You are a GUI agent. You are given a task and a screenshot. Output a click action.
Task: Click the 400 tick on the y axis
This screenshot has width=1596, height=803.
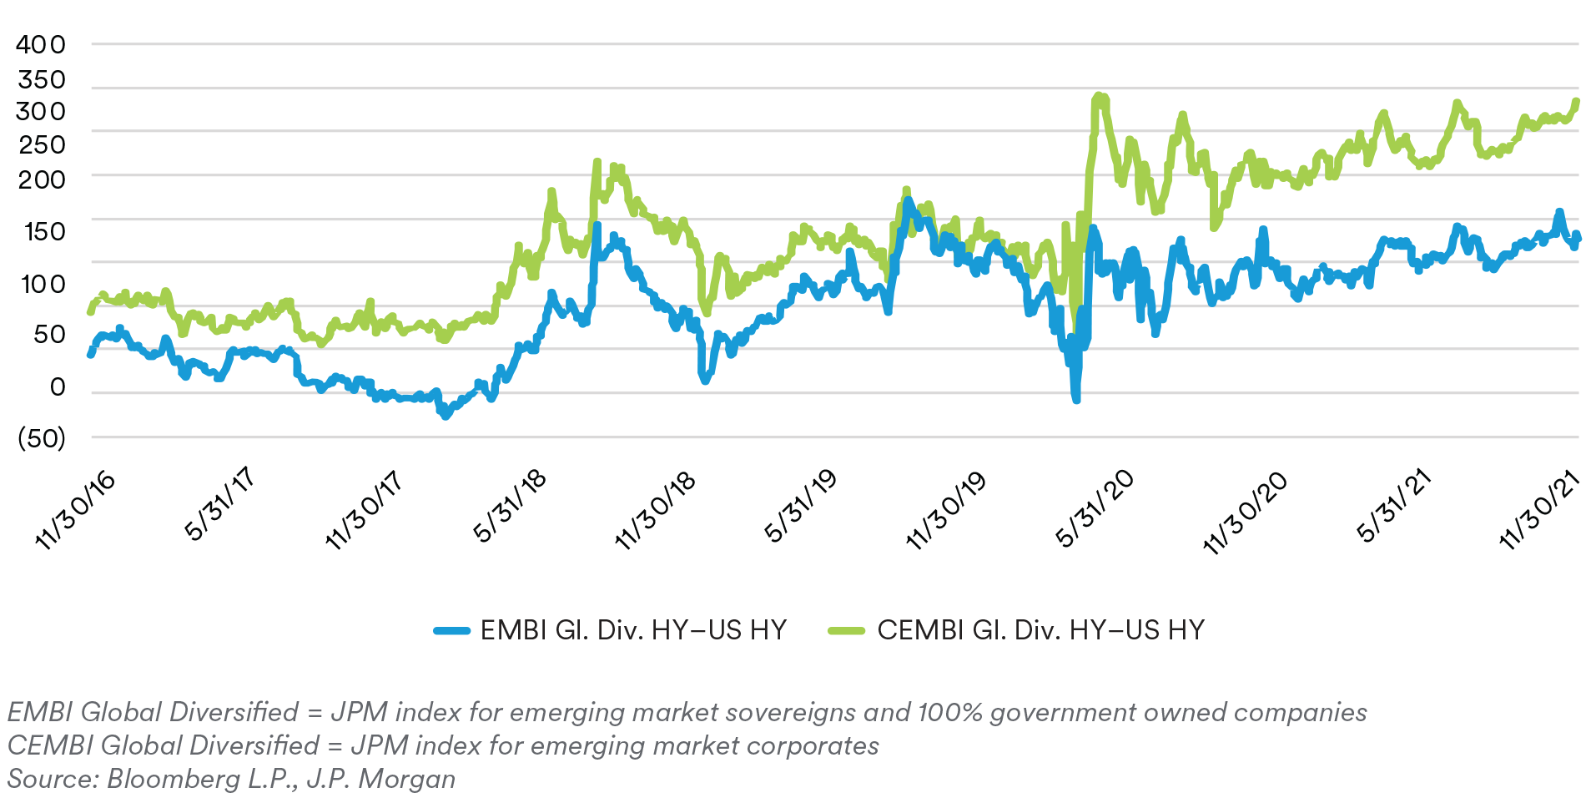pos(40,44)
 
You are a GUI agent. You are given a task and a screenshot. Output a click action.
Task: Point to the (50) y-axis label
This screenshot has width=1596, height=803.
pos(41,437)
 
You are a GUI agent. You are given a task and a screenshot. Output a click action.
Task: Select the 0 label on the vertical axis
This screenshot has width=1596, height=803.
pos(57,386)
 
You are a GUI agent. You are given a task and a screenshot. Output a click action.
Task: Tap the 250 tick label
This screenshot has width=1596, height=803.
pos(41,144)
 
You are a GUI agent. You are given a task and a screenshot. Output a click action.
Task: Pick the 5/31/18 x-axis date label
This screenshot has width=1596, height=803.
pos(510,505)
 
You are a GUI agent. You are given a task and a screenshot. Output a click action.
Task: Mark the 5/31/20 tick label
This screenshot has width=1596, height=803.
pos(1095,507)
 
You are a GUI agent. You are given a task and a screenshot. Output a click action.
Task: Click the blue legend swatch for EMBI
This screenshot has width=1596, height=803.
pos(452,631)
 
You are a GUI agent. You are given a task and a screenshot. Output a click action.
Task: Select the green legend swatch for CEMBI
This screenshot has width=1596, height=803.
pos(846,631)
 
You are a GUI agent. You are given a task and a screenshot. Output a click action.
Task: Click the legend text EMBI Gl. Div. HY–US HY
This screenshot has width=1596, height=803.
pos(633,630)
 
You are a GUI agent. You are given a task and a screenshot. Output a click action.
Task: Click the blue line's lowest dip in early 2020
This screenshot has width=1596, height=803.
pos(1076,399)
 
